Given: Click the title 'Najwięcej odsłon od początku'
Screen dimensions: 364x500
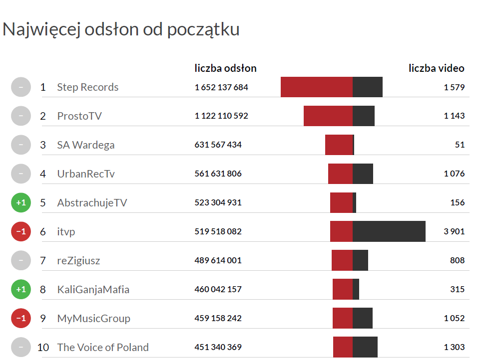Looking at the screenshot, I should click(x=121, y=30).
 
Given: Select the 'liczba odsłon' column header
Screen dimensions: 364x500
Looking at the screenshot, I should click(x=225, y=68).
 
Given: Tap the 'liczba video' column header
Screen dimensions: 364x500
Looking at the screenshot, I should click(x=436, y=68).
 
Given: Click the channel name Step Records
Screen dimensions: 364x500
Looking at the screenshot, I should click(x=87, y=87).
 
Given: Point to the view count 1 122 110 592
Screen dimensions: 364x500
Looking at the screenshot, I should click(x=221, y=116).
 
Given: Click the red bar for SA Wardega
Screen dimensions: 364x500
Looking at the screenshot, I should click(x=339, y=145).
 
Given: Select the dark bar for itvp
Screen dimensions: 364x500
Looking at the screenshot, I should click(x=389, y=232).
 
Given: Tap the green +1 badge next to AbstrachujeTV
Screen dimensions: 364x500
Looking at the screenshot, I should click(x=21, y=203).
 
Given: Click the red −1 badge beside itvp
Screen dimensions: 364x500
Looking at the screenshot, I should click(x=21, y=232).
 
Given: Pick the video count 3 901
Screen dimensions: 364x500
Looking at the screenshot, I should click(x=454, y=232).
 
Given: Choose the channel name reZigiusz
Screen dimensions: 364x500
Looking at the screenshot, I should click(x=78, y=261).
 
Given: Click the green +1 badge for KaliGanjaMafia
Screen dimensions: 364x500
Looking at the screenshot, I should click(x=21, y=290).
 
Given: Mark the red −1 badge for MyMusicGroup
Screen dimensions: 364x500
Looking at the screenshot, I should click(x=21, y=319).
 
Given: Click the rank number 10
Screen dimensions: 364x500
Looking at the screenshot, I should click(x=43, y=348).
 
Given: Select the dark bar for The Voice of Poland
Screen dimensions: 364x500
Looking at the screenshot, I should click(x=365, y=348).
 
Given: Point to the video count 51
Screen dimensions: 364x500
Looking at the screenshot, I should click(x=460, y=145).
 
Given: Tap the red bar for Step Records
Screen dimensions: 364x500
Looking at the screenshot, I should click(x=317, y=87).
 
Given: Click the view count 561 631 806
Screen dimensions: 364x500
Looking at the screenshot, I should click(x=218, y=174).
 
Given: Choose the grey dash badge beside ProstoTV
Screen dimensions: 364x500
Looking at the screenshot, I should click(x=21, y=116).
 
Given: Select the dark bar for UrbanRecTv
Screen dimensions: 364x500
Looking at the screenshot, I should click(x=363, y=174).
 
